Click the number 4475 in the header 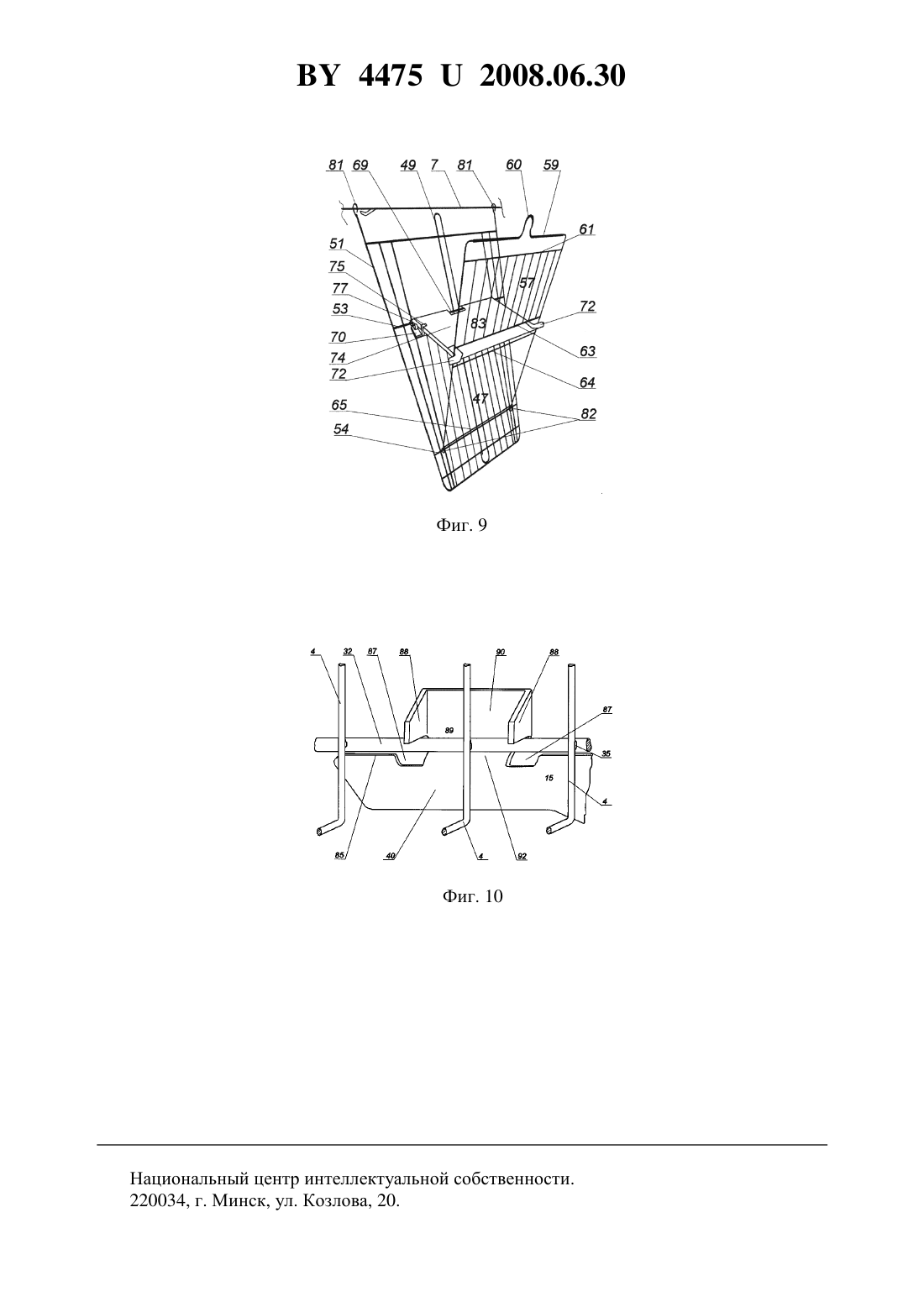click(x=390, y=76)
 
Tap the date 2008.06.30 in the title click(x=553, y=76)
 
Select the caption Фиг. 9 click(x=461, y=525)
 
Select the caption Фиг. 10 click(x=472, y=895)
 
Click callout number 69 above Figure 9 click(x=360, y=165)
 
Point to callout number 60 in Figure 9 click(x=513, y=165)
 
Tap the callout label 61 click(x=586, y=229)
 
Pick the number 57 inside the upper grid click(x=527, y=283)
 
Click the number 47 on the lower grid click(x=480, y=398)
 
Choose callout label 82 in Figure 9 click(x=588, y=414)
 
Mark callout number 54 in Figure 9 click(x=341, y=429)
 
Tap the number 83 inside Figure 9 click(x=478, y=323)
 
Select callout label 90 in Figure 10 click(x=501, y=652)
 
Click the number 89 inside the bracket click(x=449, y=730)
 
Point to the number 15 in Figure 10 click(x=549, y=779)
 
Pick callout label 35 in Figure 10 click(x=606, y=753)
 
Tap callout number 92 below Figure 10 click(x=522, y=856)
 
